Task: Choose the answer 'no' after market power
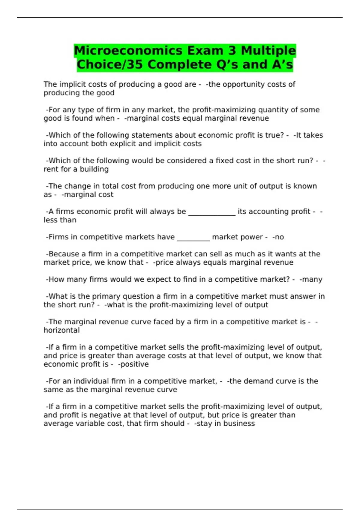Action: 279,237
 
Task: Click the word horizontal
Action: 62,330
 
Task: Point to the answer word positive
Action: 134,364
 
